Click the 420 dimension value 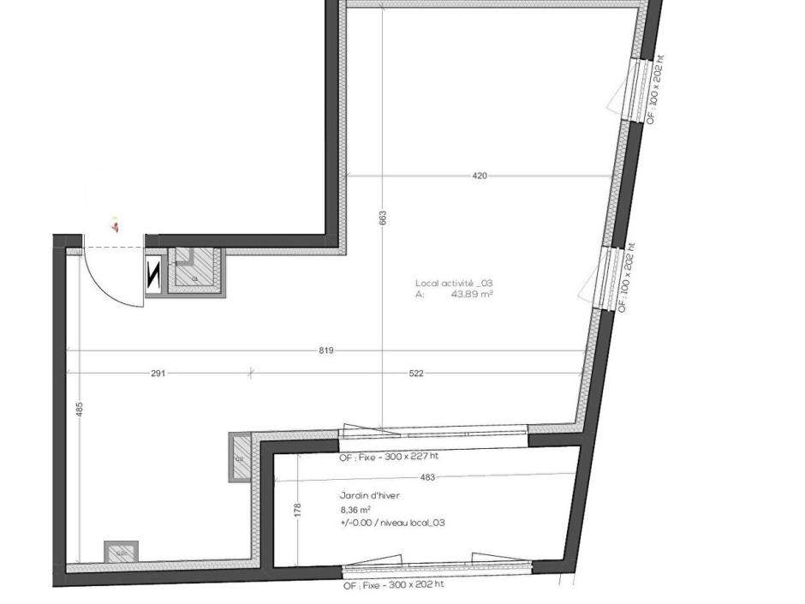pyautogui.click(x=480, y=176)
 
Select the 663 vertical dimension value pyautogui.click(x=383, y=218)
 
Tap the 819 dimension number pyautogui.click(x=325, y=350)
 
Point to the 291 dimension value pyautogui.click(x=158, y=374)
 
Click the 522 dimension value pyautogui.click(x=415, y=374)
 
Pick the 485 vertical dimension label pyautogui.click(x=80, y=410)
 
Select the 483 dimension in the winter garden pyautogui.click(x=427, y=477)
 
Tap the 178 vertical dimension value pyautogui.click(x=297, y=510)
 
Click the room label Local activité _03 pyautogui.click(x=454, y=283)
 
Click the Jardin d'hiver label pyautogui.click(x=369, y=495)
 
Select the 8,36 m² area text pyautogui.click(x=355, y=509)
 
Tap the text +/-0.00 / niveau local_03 pyautogui.click(x=392, y=523)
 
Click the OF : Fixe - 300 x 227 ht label pyautogui.click(x=389, y=457)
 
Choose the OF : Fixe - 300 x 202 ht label pyautogui.click(x=394, y=585)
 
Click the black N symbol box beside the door pyautogui.click(x=154, y=276)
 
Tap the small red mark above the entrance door pyautogui.click(x=115, y=226)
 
